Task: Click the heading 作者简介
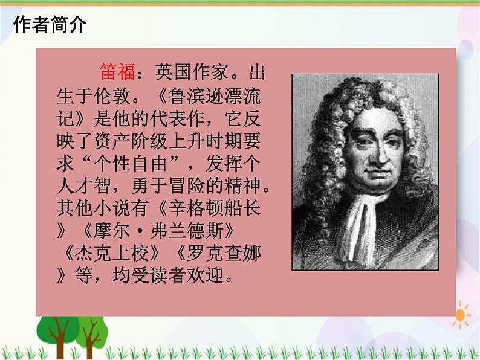50,25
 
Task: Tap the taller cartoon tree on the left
59,332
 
